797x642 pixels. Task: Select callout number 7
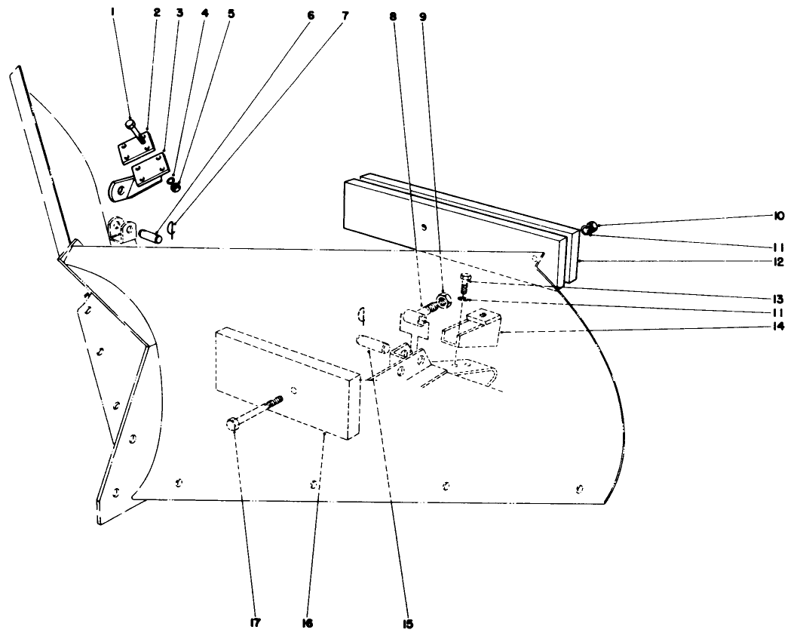[x=346, y=14]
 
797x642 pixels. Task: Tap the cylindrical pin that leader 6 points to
[x=150, y=235]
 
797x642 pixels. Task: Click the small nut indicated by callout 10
[x=592, y=225]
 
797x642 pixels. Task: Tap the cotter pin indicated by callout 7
[x=172, y=228]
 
